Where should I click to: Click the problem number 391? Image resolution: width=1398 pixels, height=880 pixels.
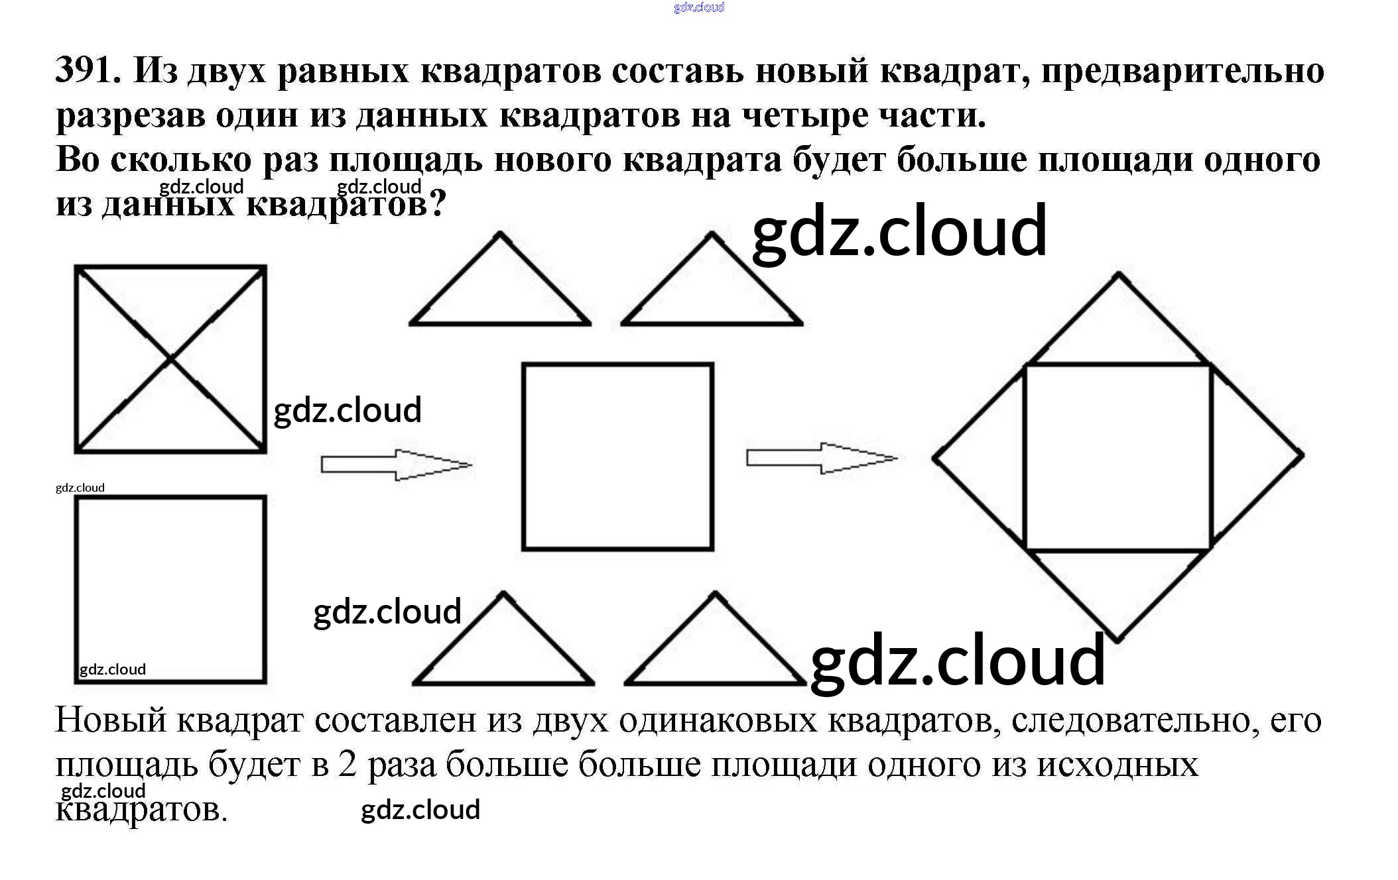[x=87, y=69]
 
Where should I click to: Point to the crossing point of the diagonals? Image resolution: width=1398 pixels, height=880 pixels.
[x=171, y=359]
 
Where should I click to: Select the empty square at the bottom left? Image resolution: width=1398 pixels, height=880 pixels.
[x=170, y=589]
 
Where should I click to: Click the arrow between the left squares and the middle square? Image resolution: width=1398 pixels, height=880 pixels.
[x=395, y=465]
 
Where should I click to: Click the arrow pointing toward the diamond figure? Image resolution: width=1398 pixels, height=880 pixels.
[x=821, y=458]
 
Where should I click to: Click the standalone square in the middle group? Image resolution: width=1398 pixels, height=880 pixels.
[x=617, y=457]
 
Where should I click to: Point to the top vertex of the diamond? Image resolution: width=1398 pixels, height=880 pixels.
[x=1119, y=273]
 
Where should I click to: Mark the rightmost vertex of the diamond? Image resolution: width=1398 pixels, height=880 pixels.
[x=1303, y=455]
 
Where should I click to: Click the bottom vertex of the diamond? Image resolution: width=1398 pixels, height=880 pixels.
[x=1117, y=641]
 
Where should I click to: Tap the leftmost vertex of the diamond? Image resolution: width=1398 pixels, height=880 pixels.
[x=934, y=457]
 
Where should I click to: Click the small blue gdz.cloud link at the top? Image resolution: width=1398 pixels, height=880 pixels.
[x=698, y=7]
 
